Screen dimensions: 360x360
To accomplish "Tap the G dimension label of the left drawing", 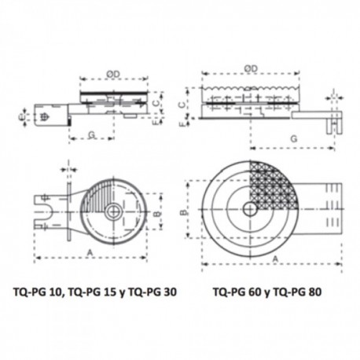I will [x=92, y=135].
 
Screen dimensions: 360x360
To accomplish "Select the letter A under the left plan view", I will [x=91, y=249].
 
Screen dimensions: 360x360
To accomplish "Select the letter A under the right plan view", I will [x=274, y=257].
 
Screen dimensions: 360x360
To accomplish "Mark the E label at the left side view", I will [x=21, y=119].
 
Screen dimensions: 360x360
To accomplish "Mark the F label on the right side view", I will [x=182, y=123].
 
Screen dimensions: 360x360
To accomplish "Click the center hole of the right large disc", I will [x=249, y=209].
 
